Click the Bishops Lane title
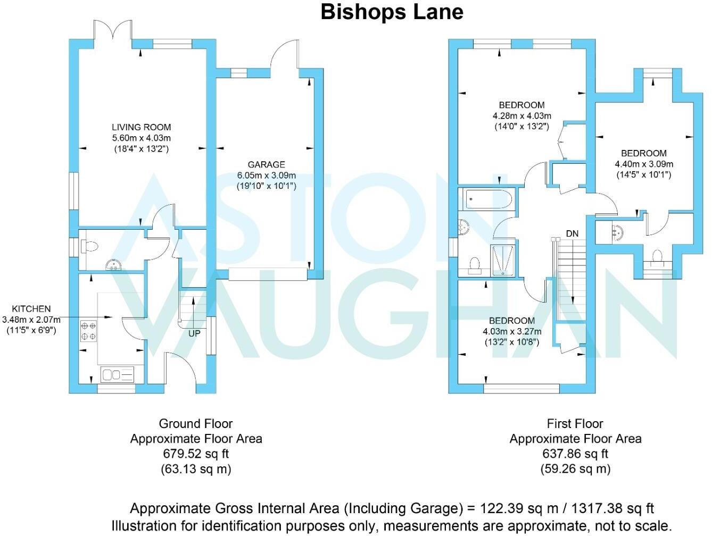tap(392, 12)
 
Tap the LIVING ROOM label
tap(141, 127)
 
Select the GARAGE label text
tap(266, 165)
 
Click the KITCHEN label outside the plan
tap(31, 308)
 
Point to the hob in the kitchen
tap(88, 331)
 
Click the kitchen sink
tap(118, 375)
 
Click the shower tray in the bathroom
tap(503, 261)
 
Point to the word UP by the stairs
tap(194, 333)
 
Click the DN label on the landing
tap(572, 233)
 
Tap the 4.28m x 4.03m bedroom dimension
tap(521, 116)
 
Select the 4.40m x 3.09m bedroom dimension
tap(644, 164)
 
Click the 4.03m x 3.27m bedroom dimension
tap(511, 332)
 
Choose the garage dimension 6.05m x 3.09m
tap(266, 175)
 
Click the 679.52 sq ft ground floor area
tap(196, 454)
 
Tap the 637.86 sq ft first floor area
tap(575, 454)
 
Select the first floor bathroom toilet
tap(475, 264)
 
